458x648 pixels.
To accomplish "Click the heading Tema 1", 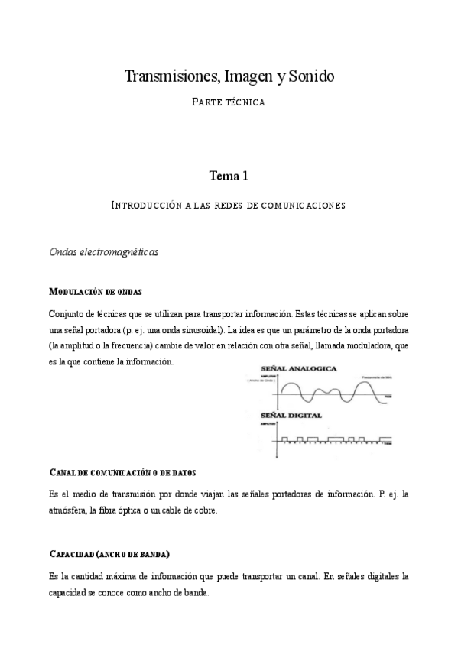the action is (x=229, y=176).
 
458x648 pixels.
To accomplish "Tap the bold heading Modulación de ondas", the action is (x=95, y=292).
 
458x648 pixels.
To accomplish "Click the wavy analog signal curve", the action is (x=329, y=394).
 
